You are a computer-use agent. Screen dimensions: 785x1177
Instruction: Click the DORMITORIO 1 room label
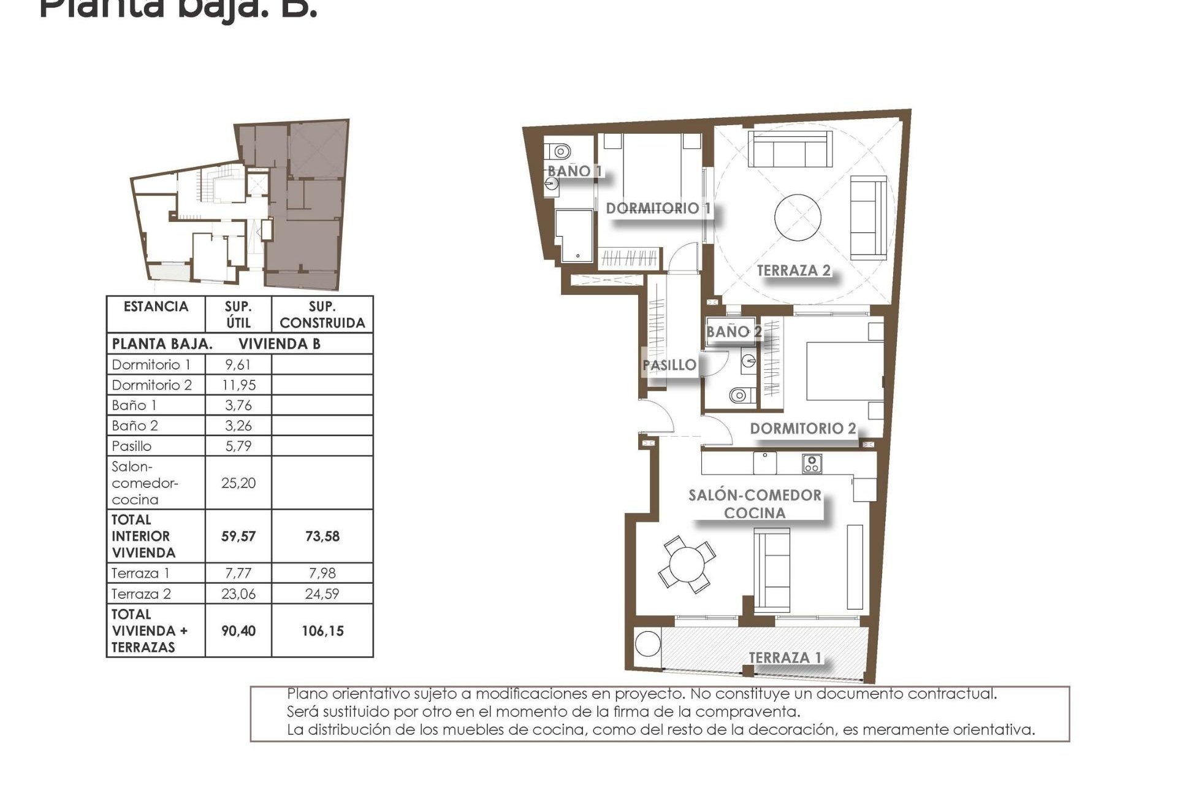pos(658,209)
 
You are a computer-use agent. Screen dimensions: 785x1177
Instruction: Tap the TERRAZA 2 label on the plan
pos(793,270)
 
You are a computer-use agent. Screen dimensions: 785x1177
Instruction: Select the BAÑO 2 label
pos(734,332)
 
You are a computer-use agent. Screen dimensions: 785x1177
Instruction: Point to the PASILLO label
pos(669,366)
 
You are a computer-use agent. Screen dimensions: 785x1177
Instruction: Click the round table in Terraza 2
pos(798,218)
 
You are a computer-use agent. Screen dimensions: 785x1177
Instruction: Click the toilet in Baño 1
pos(560,150)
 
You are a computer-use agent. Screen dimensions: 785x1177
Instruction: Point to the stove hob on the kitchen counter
pos(812,464)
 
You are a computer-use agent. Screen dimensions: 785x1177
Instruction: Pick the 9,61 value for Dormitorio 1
pos(238,365)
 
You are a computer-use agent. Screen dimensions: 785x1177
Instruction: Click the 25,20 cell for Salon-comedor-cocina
pos(238,483)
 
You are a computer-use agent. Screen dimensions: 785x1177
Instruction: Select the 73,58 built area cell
pos(322,537)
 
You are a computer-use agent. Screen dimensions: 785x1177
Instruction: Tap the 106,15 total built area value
pos(322,631)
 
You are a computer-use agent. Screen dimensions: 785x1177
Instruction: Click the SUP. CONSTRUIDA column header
pos(322,315)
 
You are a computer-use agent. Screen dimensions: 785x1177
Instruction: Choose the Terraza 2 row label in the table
pos(142,594)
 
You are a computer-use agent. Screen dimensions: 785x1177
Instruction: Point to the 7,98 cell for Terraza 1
pos(322,573)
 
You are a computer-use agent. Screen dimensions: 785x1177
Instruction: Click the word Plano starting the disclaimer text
pos(308,694)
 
